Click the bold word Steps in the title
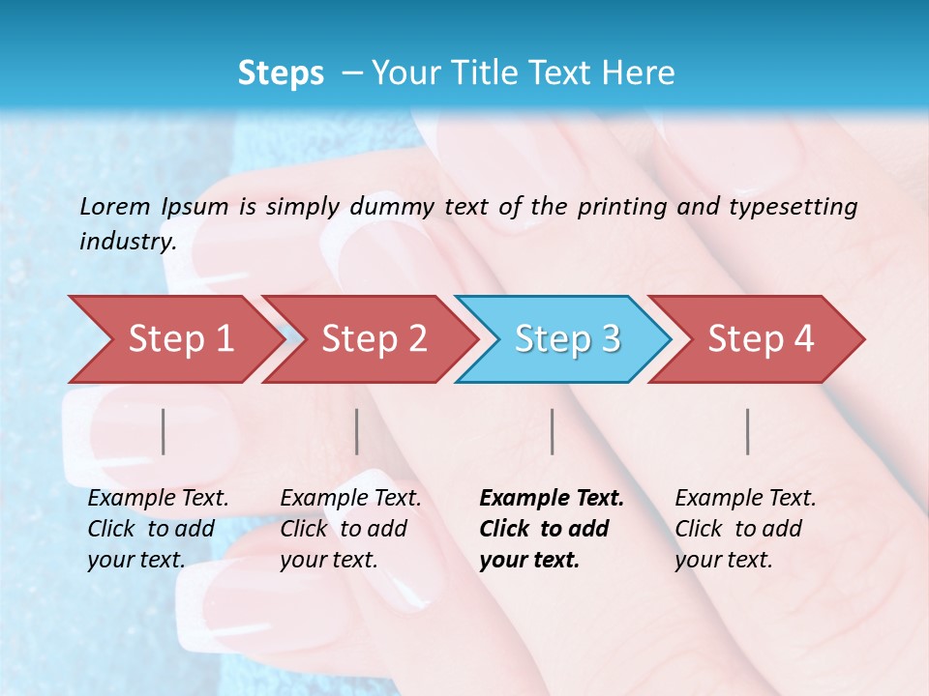(281, 73)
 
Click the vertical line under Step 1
(164, 431)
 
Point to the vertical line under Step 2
(357, 431)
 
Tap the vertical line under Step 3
(552, 431)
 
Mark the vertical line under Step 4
(748, 431)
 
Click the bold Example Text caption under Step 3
(552, 529)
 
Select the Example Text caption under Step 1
(158, 529)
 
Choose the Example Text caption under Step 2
(350, 529)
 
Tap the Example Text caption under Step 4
(745, 529)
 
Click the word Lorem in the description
(115, 206)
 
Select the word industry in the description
(127, 241)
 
